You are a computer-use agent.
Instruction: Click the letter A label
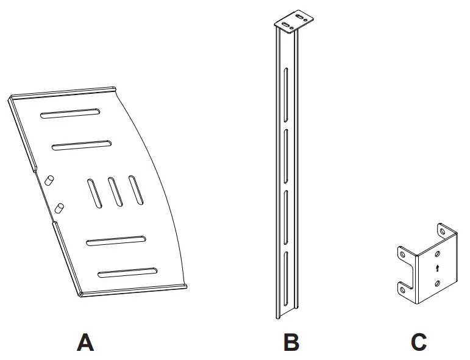tap(85, 342)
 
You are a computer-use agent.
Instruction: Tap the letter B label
tap(291, 342)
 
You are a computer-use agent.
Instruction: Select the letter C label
tap(419, 342)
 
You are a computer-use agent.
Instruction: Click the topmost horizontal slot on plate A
tap(70, 113)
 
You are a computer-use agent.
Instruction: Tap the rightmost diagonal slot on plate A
tap(136, 189)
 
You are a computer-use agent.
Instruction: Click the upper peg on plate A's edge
tap(51, 180)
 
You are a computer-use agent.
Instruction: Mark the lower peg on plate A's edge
tap(60, 208)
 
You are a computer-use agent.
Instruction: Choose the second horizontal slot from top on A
tap(82, 145)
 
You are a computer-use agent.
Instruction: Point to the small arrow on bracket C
tap(437, 268)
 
